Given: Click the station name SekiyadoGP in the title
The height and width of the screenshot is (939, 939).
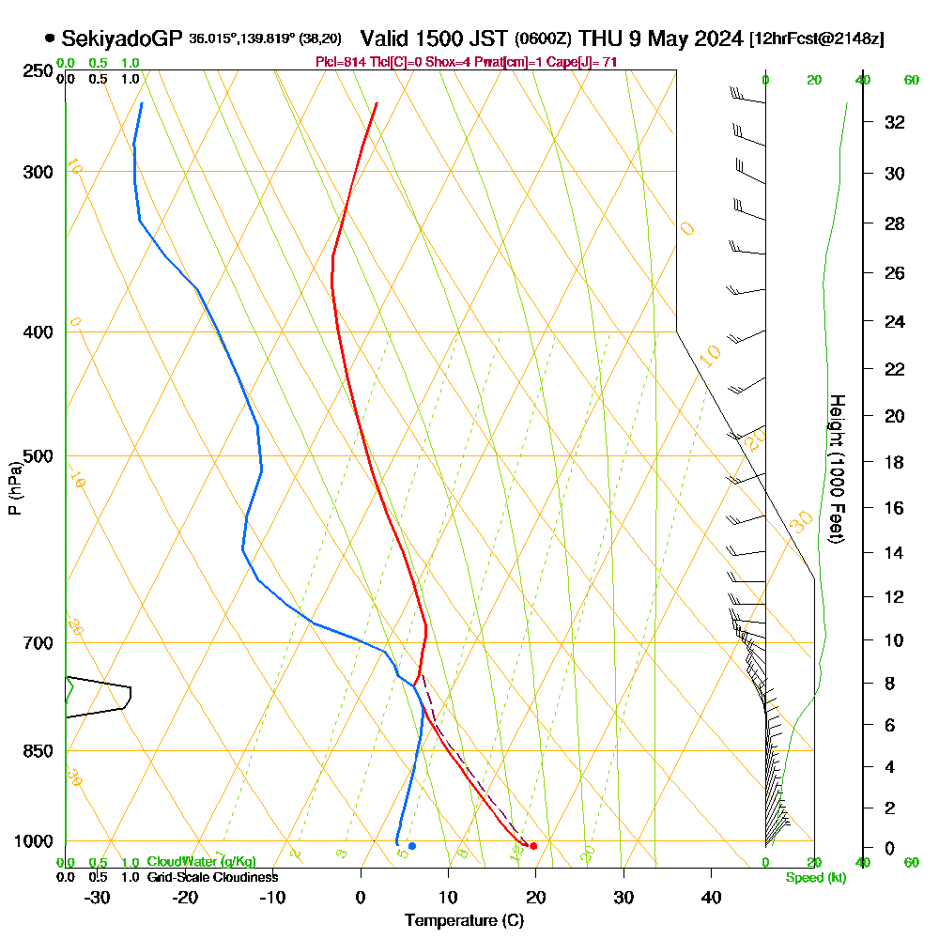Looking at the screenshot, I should (121, 38).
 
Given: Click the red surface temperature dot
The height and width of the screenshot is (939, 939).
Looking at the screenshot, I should (533, 846).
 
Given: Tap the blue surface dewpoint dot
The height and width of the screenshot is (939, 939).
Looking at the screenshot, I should (411, 846).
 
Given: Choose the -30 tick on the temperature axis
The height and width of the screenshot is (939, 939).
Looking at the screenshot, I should (98, 897).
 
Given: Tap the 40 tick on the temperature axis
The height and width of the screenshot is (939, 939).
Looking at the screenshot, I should (712, 897).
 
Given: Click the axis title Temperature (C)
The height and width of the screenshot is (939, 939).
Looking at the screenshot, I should (464, 921).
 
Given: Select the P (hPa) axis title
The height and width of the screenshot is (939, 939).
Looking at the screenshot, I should (14, 487).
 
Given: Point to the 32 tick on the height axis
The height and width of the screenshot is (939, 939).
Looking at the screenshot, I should (895, 122).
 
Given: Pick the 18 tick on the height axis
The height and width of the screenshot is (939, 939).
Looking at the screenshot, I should (895, 462).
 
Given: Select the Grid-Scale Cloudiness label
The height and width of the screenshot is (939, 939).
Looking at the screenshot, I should (211, 877).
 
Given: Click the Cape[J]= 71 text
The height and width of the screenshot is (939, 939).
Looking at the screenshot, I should (590, 62).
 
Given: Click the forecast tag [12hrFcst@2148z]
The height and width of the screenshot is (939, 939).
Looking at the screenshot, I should (816, 39).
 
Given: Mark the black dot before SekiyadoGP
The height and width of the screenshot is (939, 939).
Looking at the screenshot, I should (49, 38).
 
